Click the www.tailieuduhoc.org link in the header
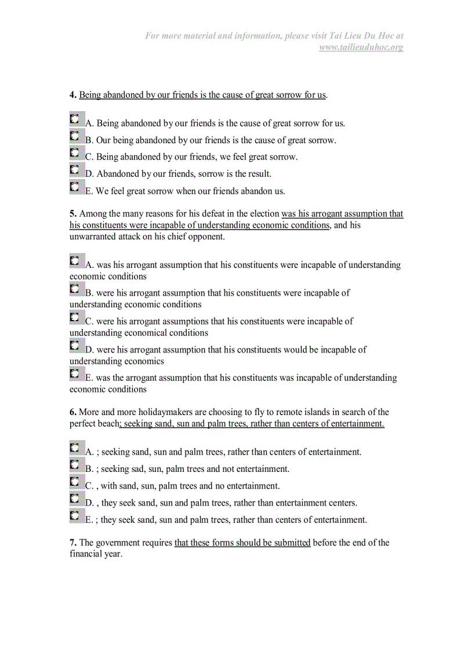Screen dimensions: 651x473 click(361, 47)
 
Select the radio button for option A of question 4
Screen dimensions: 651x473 click(75, 119)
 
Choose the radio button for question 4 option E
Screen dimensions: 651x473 click(75, 187)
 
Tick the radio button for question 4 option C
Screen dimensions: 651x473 click(75, 153)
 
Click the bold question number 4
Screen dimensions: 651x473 click(73, 95)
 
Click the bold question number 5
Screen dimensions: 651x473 click(73, 214)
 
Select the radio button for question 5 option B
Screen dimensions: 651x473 click(75, 289)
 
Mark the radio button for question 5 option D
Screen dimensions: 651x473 click(75, 345)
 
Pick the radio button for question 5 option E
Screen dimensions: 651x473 click(75, 373)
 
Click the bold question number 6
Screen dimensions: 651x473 click(73, 412)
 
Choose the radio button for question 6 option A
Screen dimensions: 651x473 click(75, 448)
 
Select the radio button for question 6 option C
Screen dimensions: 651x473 click(75, 482)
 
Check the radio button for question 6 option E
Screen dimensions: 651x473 click(75, 515)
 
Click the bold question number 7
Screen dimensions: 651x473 click(73, 543)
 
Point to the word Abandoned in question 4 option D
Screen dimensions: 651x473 click(118, 174)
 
